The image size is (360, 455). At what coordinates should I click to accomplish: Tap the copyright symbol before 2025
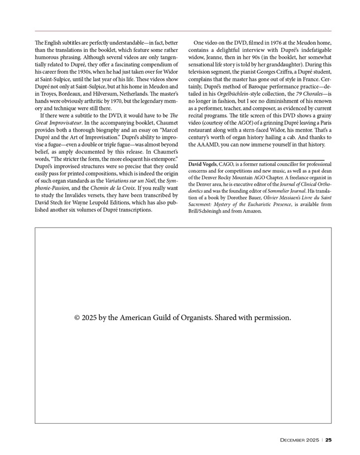click(78, 318)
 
